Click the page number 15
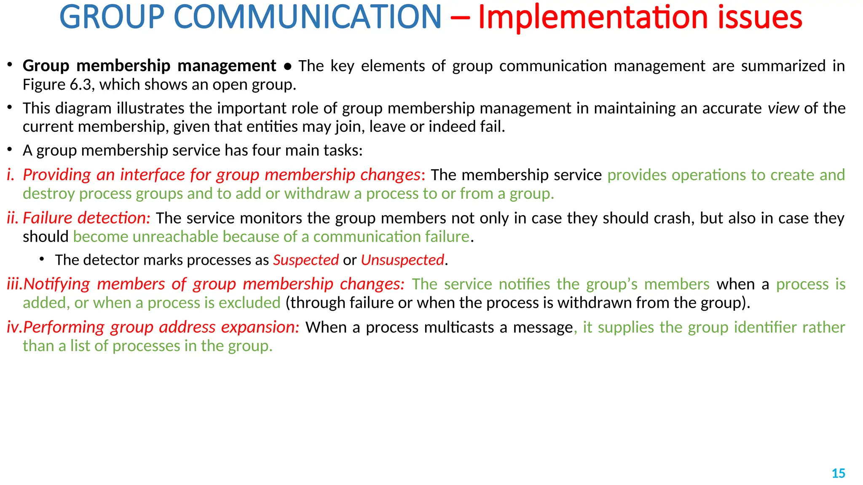(x=838, y=473)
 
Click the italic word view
(x=783, y=108)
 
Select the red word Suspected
(x=306, y=260)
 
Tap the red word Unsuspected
(x=402, y=260)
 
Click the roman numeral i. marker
(x=11, y=175)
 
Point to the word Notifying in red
(x=56, y=284)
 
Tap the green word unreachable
(x=175, y=237)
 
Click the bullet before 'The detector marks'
(x=42, y=259)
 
